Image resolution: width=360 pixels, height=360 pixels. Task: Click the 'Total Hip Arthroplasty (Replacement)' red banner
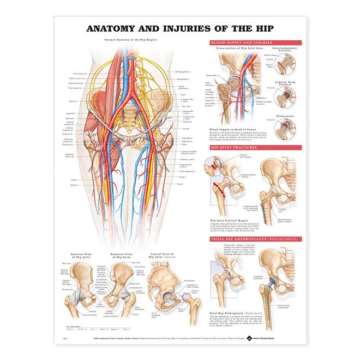click(x=252, y=239)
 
